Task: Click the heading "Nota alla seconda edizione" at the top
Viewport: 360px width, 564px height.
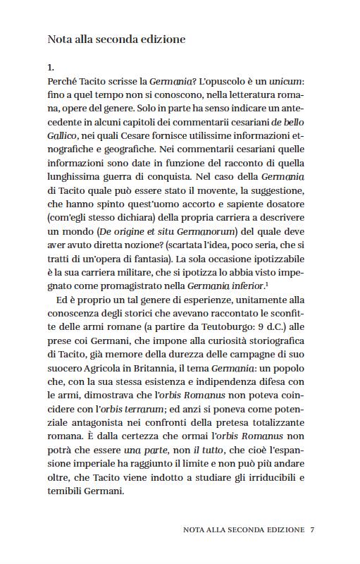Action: (116, 39)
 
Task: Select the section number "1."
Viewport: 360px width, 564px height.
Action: (51, 68)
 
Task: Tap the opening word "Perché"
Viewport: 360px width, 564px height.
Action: (63, 82)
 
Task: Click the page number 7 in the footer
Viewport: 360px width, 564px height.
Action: (311, 529)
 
